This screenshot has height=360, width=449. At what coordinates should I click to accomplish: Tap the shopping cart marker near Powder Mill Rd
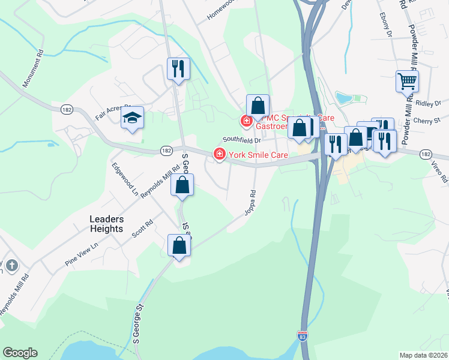click(x=407, y=80)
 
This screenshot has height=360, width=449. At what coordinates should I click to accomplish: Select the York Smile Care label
click(x=258, y=155)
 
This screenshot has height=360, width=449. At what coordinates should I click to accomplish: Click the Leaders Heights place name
click(x=106, y=224)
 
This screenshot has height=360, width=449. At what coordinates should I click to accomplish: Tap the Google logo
click(x=20, y=353)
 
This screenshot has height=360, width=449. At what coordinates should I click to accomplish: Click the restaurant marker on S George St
click(x=178, y=69)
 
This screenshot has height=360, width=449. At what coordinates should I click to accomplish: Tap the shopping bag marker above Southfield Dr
click(x=258, y=106)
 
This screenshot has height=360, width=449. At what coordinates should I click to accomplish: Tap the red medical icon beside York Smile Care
click(x=220, y=155)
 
